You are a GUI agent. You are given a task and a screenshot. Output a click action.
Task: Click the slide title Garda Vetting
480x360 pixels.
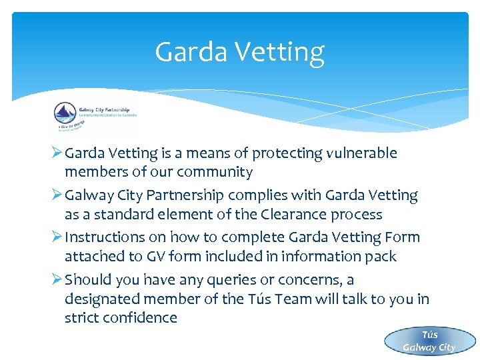(239, 52)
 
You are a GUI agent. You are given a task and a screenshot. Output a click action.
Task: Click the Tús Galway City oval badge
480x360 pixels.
(429, 341)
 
